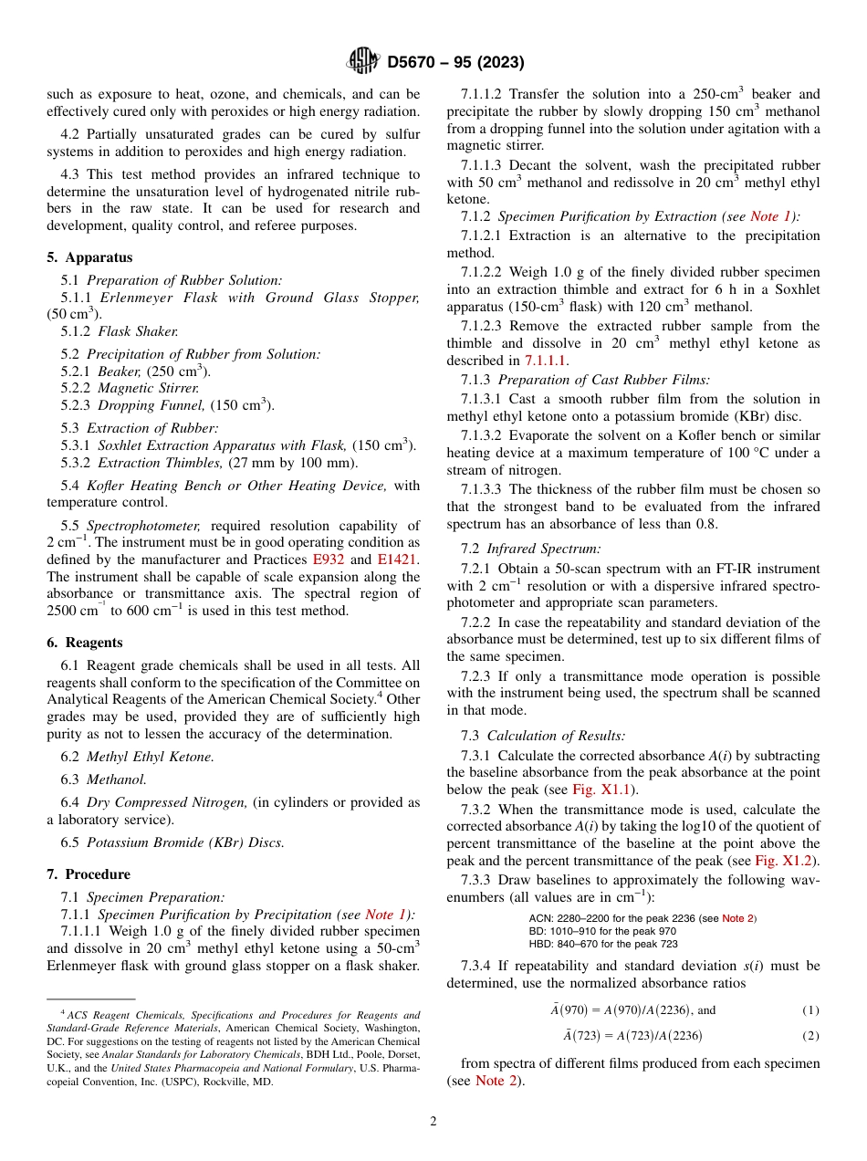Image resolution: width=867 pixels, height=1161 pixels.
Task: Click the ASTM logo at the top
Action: tap(362, 62)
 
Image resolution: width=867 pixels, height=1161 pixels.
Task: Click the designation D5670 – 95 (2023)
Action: tap(454, 63)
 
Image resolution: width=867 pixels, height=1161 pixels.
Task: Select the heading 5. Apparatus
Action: tap(89, 257)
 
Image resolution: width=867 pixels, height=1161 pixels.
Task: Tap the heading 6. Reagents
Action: tap(86, 643)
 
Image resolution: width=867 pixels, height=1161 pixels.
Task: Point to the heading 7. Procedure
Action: tap(89, 873)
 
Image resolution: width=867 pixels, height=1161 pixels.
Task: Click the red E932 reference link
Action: tap(329, 560)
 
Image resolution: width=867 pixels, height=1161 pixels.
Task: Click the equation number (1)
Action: tap(810, 1010)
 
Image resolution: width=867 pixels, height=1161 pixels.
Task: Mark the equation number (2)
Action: tap(810, 1036)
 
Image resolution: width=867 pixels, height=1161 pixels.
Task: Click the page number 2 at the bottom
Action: tap(433, 1122)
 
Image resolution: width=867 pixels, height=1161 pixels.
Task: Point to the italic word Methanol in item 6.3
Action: tap(116, 779)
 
